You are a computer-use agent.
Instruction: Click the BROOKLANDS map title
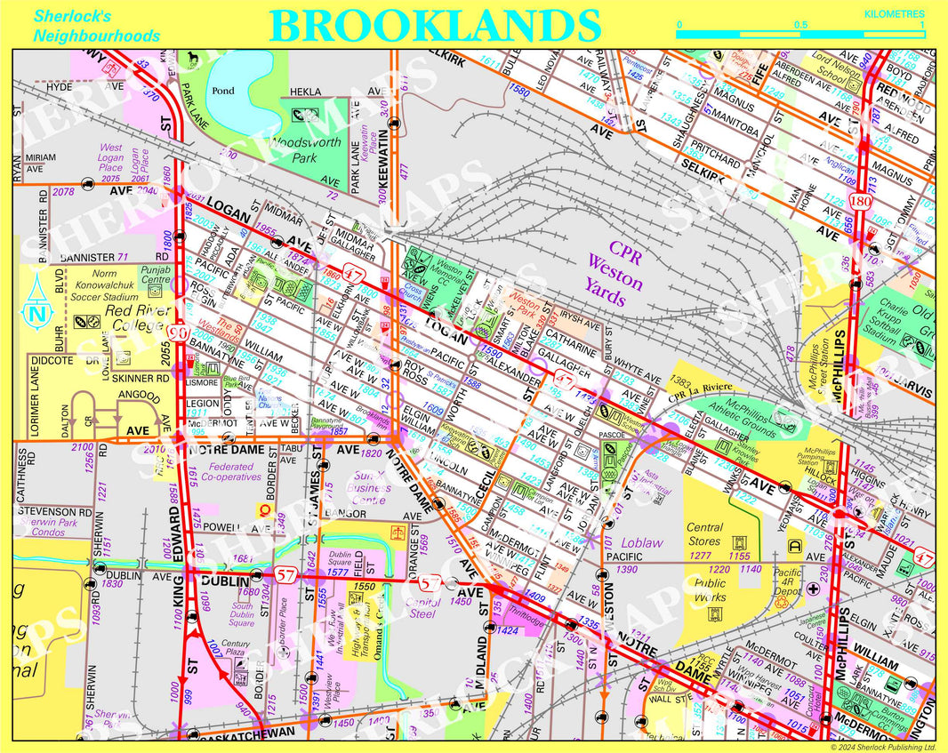[435, 25]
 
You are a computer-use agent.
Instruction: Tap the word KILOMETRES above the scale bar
[894, 14]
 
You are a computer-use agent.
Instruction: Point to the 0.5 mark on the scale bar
[801, 25]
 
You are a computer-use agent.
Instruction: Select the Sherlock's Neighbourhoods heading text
[96, 26]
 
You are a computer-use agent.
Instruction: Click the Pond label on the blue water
[224, 91]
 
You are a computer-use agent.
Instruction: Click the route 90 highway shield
[177, 332]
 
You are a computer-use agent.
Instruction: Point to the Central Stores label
[704, 533]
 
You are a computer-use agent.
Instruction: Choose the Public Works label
[710, 590]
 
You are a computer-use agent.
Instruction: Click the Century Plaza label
[236, 648]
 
